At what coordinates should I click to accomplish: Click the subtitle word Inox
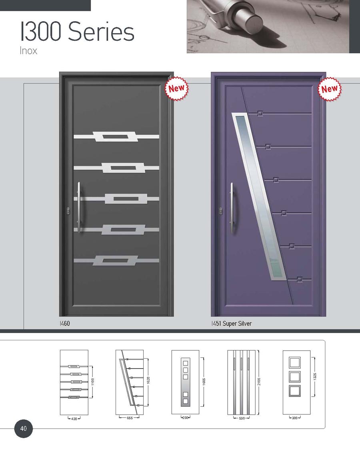pyautogui.click(x=28, y=51)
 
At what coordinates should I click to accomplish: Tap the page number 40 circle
pyautogui.click(x=23, y=429)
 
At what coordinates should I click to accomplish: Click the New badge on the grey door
pyautogui.click(x=177, y=88)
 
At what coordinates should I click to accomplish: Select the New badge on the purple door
pyautogui.click(x=329, y=89)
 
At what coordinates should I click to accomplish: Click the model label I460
pyautogui.click(x=64, y=323)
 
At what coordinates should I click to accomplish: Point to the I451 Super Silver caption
pyautogui.click(x=232, y=323)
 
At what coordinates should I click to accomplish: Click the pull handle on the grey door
pyautogui.click(x=79, y=208)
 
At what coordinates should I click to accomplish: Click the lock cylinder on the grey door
pyautogui.click(x=68, y=211)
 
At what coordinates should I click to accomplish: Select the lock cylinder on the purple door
pyautogui.click(x=221, y=211)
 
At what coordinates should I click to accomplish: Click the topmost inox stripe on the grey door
pyautogui.click(x=116, y=136)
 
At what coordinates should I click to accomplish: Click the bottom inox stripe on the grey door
pyautogui.click(x=116, y=261)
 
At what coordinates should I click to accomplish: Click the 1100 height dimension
pyautogui.click(x=93, y=381)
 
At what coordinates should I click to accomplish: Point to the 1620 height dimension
pyautogui.click(x=148, y=381)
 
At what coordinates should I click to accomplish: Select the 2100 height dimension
pyautogui.click(x=259, y=381)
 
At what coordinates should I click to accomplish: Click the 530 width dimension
pyautogui.click(x=242, y=418)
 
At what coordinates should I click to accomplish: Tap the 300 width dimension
pyautogui.click(x=295, y=418)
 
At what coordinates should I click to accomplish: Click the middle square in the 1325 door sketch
pyautogui.click(x=294, y=377)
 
